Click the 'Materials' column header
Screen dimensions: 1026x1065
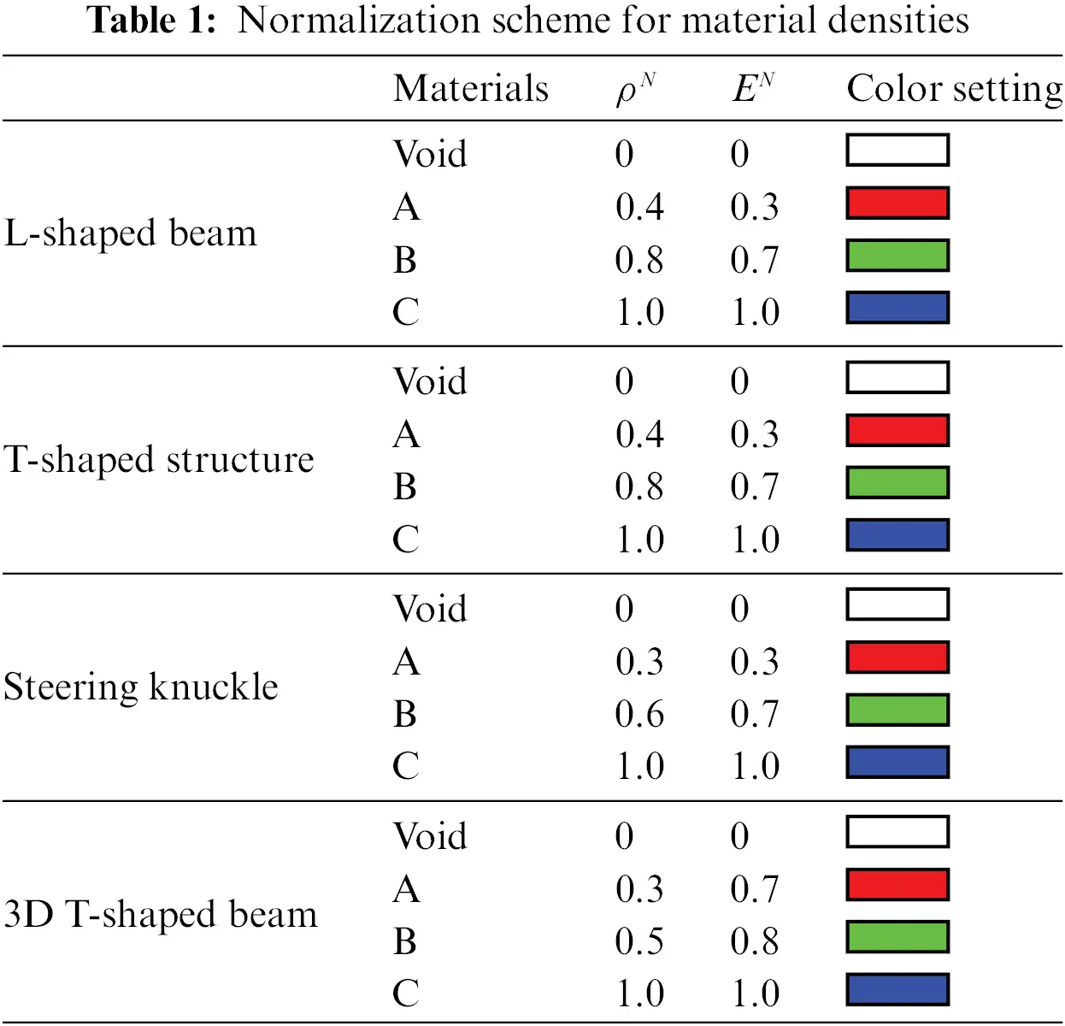tap(470, 89)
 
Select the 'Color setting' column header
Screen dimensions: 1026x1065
tap(954, 89)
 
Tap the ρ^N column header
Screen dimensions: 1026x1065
tap(634, 89)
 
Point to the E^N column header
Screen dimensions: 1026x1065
tap(752, 88)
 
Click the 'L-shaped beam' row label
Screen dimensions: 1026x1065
tap(130, 233)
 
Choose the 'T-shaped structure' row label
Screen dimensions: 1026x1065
tap(159, 460)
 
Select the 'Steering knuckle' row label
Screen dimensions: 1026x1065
tap(140, 687)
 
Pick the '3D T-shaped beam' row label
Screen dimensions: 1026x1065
tap(160, 914)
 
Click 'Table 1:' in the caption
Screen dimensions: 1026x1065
tap(151, 21)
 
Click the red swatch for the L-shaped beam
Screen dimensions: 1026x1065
tap(897, 203)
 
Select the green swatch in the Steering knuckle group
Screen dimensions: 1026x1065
tap(897, 711)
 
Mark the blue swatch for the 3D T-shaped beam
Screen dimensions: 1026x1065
tap(897, 989)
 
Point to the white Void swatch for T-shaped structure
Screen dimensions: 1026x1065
tap(897, 378)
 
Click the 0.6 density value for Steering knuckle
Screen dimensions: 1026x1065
tap(638, 714)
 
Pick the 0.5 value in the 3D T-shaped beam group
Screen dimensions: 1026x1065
tap(638, 941)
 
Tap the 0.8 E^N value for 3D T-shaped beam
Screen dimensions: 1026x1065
tap(754, 941)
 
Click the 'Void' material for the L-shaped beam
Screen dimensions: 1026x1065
tap(430, 155)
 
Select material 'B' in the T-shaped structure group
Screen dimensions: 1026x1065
tap(405, 486)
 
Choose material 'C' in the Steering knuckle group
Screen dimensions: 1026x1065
tap(406, 766)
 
